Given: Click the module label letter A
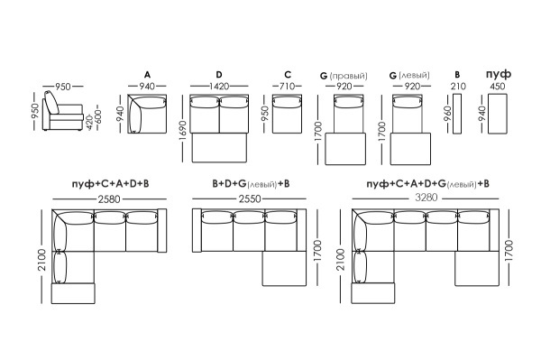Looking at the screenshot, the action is click(147, 75).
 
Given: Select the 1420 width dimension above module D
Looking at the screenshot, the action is click(219, 86).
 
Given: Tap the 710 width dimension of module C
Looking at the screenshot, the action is click(287, 86).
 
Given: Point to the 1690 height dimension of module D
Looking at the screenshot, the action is click(183, 131).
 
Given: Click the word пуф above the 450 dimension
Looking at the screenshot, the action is click(499, 74).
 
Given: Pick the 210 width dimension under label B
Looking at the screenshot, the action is click(458, 86).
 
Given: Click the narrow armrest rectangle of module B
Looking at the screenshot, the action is click(457, 113).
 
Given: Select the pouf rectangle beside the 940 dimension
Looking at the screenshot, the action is click(498, 113).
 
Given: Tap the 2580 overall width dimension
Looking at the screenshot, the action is click(109, 199).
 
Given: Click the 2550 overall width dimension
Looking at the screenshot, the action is click(250, 199).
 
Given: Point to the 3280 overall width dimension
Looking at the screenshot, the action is click(426, 198).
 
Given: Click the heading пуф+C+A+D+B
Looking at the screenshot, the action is click(110, 184).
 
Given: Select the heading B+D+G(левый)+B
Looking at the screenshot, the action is click(251, 184).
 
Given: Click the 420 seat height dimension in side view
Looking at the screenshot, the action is click(89, 124).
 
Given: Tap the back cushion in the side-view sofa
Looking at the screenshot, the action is click(52, 102).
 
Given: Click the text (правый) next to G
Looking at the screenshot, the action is click(349, 76).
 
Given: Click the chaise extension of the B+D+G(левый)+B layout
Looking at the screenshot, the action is click(284, 269).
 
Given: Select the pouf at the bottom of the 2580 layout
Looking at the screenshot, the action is click(73, 293).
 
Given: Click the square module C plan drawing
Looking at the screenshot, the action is click(287, 114).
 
